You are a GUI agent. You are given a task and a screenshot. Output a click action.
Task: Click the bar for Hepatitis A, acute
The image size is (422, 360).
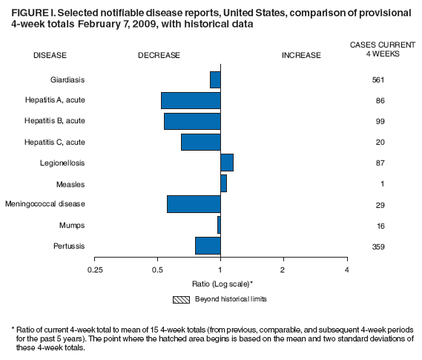pos(191,100)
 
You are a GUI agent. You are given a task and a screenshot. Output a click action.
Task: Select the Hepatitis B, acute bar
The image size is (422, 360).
pos(192,121)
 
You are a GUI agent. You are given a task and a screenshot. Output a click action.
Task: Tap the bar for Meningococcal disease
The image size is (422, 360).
pos(194,203)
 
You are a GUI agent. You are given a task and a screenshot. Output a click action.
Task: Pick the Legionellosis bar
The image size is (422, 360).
pos(226,163)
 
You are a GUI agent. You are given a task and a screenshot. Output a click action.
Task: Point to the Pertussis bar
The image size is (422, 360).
pos(208,245)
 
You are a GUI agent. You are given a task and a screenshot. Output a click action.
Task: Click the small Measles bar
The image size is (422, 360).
pos(223,183)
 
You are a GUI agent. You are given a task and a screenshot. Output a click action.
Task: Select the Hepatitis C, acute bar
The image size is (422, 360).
pos(200,142)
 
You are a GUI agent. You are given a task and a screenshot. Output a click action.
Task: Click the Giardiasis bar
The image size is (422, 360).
pos(215,79)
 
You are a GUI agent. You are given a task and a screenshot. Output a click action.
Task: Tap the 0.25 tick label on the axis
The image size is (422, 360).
pos(94,269)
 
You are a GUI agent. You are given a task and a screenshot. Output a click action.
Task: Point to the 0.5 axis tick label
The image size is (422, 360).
pos(157,269)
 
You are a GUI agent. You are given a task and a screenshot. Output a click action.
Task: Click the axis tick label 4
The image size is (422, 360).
pos(346,269)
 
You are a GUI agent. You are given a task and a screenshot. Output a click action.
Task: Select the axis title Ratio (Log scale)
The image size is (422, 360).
pos(222,284)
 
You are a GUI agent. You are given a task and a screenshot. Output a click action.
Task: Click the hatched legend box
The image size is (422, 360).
pos(181,299)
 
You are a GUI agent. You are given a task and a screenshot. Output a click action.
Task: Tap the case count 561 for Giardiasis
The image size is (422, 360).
pos(378,79)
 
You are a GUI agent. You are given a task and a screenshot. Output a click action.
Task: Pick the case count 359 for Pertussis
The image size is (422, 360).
pos(378,246)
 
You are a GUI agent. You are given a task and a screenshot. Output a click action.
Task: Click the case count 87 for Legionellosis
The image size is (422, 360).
pos(378,163)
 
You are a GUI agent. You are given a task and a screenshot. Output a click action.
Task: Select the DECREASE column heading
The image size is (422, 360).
pos(159,55)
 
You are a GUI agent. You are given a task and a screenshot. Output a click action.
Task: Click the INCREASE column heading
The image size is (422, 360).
pos(301,55)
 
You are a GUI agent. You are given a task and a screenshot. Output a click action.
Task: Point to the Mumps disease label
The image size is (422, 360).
pos(71,225)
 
